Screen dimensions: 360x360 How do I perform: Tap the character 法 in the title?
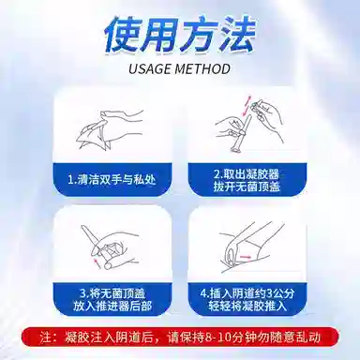pos(236,34)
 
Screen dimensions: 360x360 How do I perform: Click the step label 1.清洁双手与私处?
pos(112,180)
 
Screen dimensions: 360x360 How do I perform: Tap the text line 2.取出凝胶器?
pos(247,173)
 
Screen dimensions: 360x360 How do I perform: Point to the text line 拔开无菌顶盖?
pos(247,187)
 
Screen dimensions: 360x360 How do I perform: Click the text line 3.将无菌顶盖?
pos(112,293)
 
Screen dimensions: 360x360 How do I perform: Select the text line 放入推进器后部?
pos(112,307)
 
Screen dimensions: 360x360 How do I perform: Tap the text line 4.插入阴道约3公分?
pos(247,293)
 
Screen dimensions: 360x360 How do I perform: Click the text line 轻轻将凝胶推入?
pos(247,307)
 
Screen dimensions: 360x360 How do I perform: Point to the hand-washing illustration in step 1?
pos(110,128)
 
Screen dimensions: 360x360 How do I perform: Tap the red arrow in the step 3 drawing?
pos(97,262)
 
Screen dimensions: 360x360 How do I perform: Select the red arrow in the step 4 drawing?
pos(245,256)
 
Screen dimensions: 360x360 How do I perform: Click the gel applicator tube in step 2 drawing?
pos(240,133)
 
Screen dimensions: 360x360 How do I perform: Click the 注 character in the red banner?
pos(46,337)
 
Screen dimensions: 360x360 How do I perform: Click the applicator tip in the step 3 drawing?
pos(83,228)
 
